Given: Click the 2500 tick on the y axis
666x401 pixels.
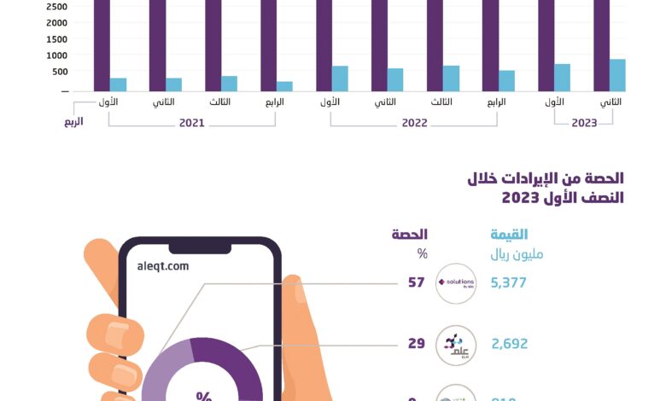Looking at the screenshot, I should [56, 7].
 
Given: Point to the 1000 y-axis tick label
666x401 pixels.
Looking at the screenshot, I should [56, 55].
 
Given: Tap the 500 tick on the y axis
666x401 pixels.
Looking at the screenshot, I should [59, 72].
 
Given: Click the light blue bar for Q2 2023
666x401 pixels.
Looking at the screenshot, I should [617, 75].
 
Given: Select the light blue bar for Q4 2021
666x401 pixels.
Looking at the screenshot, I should [284, 86].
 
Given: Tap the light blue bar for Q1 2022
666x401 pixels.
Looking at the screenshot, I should [340, 78].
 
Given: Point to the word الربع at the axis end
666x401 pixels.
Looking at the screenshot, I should [73, 122].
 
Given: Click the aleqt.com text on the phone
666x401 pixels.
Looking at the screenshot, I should [162, 266].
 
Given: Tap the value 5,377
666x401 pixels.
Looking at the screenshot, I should [509, 283].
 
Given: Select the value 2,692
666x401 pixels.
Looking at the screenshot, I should [509, 344].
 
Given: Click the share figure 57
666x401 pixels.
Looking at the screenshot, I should [416, 283].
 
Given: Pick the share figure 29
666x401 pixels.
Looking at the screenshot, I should [417, 344].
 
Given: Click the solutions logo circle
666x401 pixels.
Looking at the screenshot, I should [455, 283].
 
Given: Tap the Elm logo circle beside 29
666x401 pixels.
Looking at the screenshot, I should [455, 345].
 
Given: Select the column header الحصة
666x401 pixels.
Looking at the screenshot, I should [410, 235].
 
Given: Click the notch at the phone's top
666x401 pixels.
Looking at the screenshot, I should [200, 247].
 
